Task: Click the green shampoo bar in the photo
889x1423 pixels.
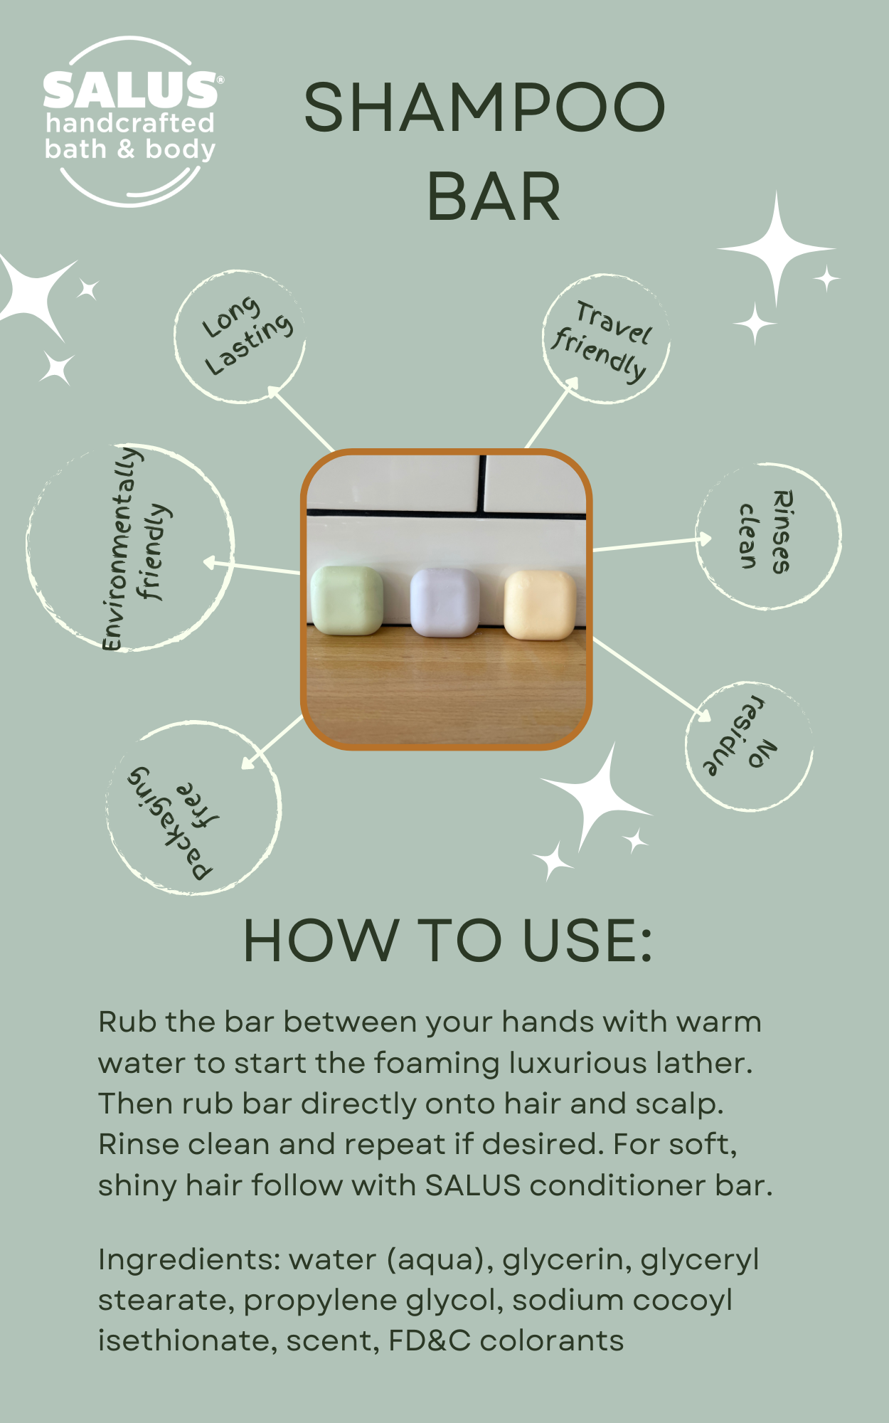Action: [x=346, y=599]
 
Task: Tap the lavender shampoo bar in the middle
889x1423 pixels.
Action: [x=445, y=602]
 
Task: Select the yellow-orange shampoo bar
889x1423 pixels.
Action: [x=540, y=605]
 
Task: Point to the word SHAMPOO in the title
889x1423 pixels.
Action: [x=484, y=107]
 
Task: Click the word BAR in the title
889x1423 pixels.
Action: [x=494, y=196]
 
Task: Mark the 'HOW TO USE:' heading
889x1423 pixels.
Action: [x=447, y=941]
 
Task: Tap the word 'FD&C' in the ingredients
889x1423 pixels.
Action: [x=429, y=1340]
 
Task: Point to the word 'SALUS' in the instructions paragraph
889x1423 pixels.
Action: [x=473, y=1185]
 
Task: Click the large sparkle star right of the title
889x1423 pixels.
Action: [x=777, y=249]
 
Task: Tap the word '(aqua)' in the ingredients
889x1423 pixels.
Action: [x=440, y=1260]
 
